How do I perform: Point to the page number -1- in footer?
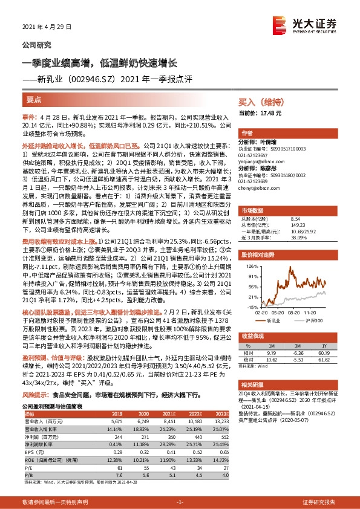pyautogui.click(x=180, y=502)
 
